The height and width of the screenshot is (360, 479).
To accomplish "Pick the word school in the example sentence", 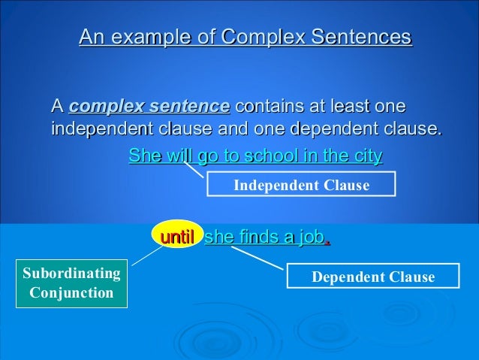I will coord(271,156).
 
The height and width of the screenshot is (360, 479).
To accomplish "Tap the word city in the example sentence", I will coord(366,156).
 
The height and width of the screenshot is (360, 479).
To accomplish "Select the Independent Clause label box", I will coord(301,185).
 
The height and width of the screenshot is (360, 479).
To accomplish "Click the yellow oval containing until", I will coord(177,237).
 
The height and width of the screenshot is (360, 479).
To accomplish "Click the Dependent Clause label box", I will coord(372,277).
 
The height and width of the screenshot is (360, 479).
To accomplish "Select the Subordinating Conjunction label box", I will coord(71,283).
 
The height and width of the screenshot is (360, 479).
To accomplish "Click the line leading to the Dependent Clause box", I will coord(259,258).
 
